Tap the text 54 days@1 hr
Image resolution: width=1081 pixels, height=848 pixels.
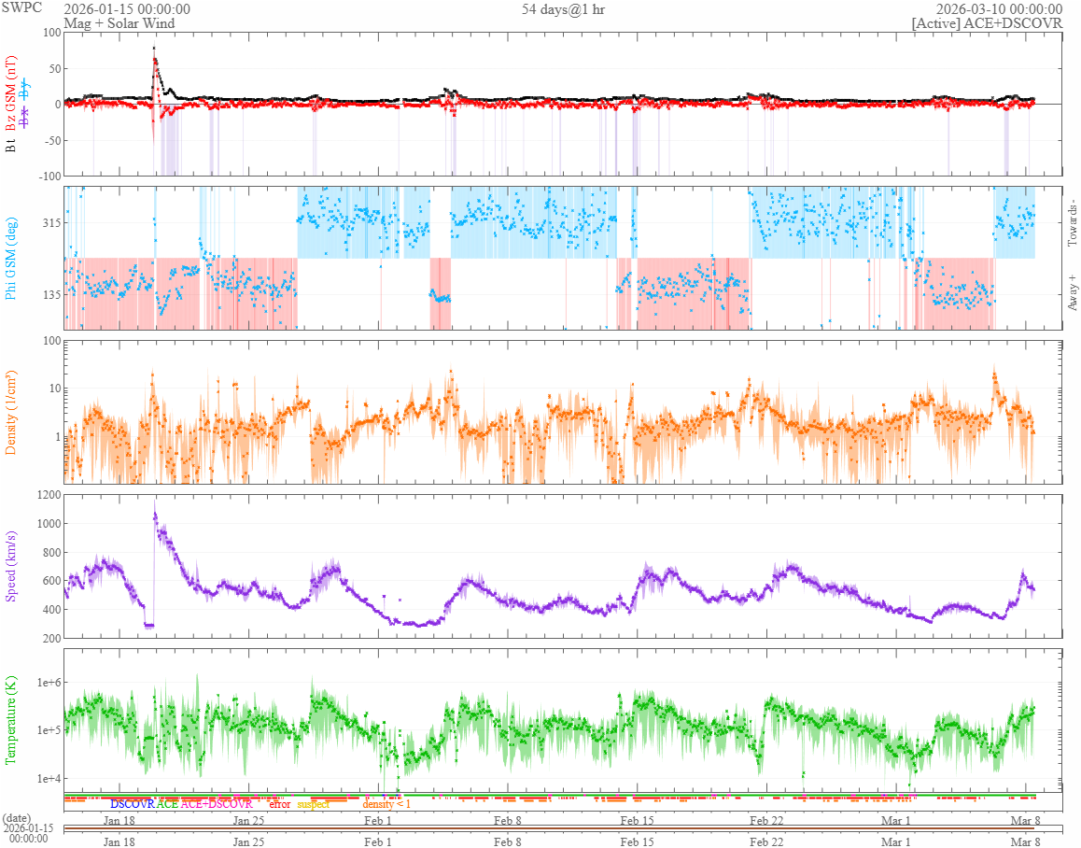point(564,8)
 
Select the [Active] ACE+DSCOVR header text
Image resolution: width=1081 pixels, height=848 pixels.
point(987,23)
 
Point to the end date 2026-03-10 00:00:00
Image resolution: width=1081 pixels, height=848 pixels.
point(999,8)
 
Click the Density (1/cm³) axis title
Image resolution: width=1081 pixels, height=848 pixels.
point(11,412)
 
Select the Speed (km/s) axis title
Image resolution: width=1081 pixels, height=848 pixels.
point(11,566)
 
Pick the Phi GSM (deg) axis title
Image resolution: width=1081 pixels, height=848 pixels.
point(11,258)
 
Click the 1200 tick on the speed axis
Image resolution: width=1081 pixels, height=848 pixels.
point(46,495)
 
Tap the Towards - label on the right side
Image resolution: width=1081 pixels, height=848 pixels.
point(1072,223)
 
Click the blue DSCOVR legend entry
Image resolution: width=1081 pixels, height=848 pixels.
point(132,803)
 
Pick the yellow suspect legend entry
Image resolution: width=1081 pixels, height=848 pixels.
point(313,803)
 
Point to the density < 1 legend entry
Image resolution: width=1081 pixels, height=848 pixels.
point(386,803)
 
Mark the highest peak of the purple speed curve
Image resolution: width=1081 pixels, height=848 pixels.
point(155,512)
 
